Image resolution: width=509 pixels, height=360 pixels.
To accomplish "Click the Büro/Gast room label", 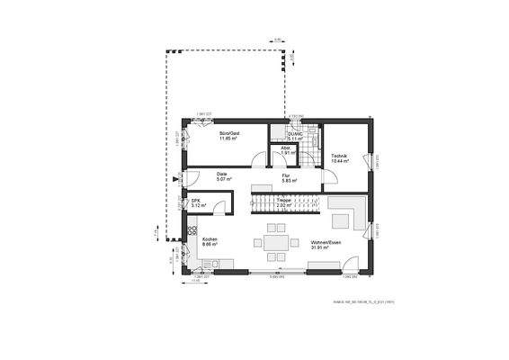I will tap(229, 133).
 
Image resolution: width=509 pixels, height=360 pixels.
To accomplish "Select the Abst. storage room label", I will tap(285, 148).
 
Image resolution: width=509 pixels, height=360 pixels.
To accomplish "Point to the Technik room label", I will tap(339, 156).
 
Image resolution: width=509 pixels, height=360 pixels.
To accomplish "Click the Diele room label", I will tap(221, 175).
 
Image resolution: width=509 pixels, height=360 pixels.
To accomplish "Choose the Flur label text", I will tap(287, 175).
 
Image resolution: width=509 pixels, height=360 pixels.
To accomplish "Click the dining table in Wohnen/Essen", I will tap(274, 243).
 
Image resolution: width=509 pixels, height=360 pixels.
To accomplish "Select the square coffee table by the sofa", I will tap(343, 220).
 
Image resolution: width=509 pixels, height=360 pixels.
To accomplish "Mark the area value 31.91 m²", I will tap(326, 249).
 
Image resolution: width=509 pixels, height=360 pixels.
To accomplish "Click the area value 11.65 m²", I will tap(229, 139).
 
